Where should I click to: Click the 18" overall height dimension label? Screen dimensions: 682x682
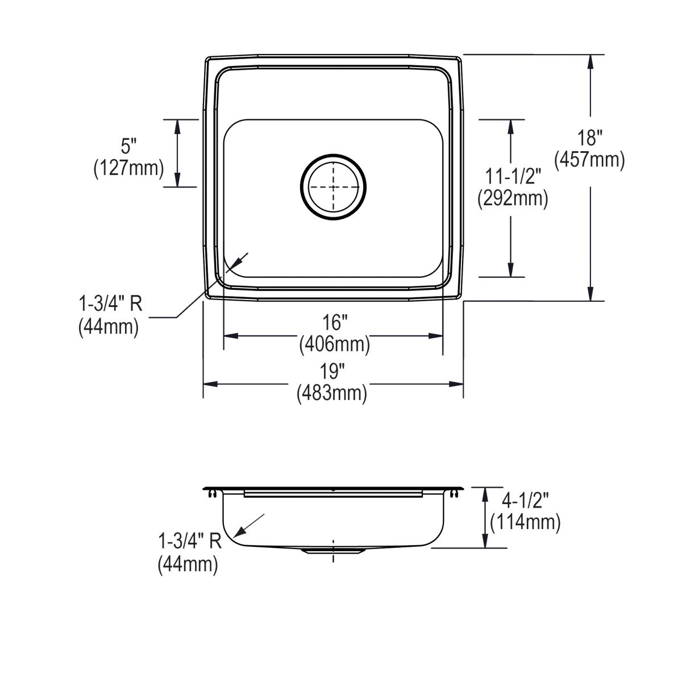(x=589, y=138)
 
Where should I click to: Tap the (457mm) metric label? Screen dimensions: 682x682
(x=589, y=160)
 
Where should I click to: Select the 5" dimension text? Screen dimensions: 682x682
(x=129, y=146)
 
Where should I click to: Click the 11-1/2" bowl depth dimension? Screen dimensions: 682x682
(x=513, y=176)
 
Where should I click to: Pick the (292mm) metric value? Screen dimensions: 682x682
(x=513, y=198)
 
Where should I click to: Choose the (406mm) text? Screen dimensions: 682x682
(x=334, y=344)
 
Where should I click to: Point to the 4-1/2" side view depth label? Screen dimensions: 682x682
(x=525, y=501)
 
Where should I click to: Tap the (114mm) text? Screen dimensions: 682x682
(x=525, y=522)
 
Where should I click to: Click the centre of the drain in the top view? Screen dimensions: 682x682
(x=333, y=186)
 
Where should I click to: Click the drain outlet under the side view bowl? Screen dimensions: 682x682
(x=332, y=551)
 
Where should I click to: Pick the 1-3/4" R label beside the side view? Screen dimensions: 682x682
(x=190, y=541)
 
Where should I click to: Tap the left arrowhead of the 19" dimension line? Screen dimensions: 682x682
(x=210, y=384)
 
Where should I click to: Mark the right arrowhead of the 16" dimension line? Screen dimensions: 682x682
(x=436, y=335)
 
